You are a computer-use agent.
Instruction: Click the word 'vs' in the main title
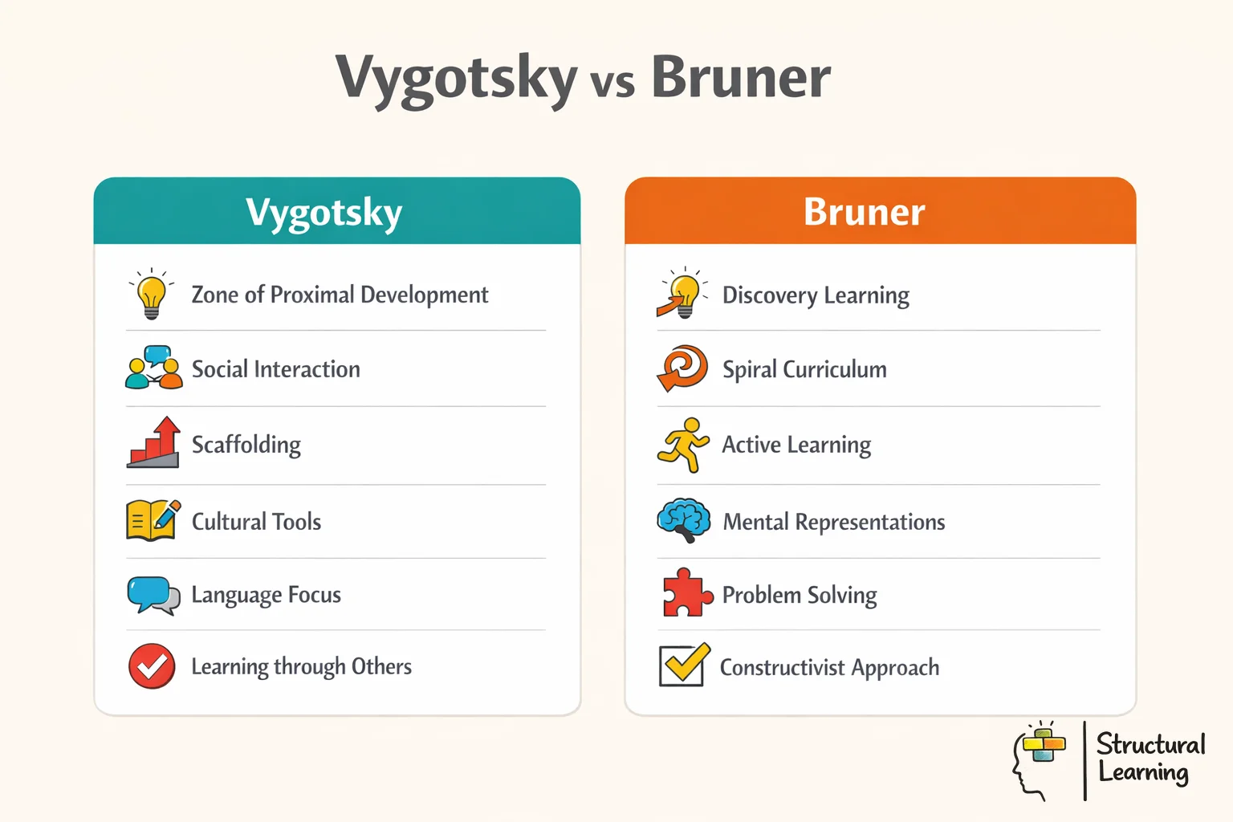pyautogui.click(x=612, y=82)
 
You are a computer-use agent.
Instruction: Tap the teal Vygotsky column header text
pyautogui.click(x=324, y=213)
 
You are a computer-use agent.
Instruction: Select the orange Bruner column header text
pyautogui.click(x=864, y=212)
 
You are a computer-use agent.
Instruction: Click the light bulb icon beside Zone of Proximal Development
pyautogui.click(x=151, y=295)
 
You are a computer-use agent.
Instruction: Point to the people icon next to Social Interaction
pyautogui.click(x=153, y=368)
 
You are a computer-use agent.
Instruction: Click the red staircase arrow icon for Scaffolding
pyautogui.click(x=153, y=443)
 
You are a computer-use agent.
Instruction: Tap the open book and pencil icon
pyautogui.click(x=153, y=520)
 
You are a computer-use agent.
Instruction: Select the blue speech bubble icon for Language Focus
pyautogui.click(x=153, y=595)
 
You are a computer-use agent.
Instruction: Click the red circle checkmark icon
pyautogui.click(x=152, y=666)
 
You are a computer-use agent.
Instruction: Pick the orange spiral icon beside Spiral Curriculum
pyautogui.click(x=682, y=368)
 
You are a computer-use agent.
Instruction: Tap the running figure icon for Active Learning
pyautogui.click(x=683, y=444)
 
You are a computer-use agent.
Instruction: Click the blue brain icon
pyautogui.click(x=683, y=520)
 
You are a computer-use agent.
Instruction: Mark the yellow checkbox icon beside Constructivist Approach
pyautogui.click(x=684, y=665)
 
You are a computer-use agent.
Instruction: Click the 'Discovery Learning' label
pyautogui.click(x=816, y=295)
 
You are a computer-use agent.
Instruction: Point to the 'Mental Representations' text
pyautogui.click(x=833, y=523)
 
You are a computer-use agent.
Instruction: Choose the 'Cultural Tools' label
pyautogui.click(x=256, y=522)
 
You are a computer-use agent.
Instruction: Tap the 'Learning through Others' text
pyautogui.click(x=301, y=667)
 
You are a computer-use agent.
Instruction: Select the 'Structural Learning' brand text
pyautogui.click(x=1150, y=758)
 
